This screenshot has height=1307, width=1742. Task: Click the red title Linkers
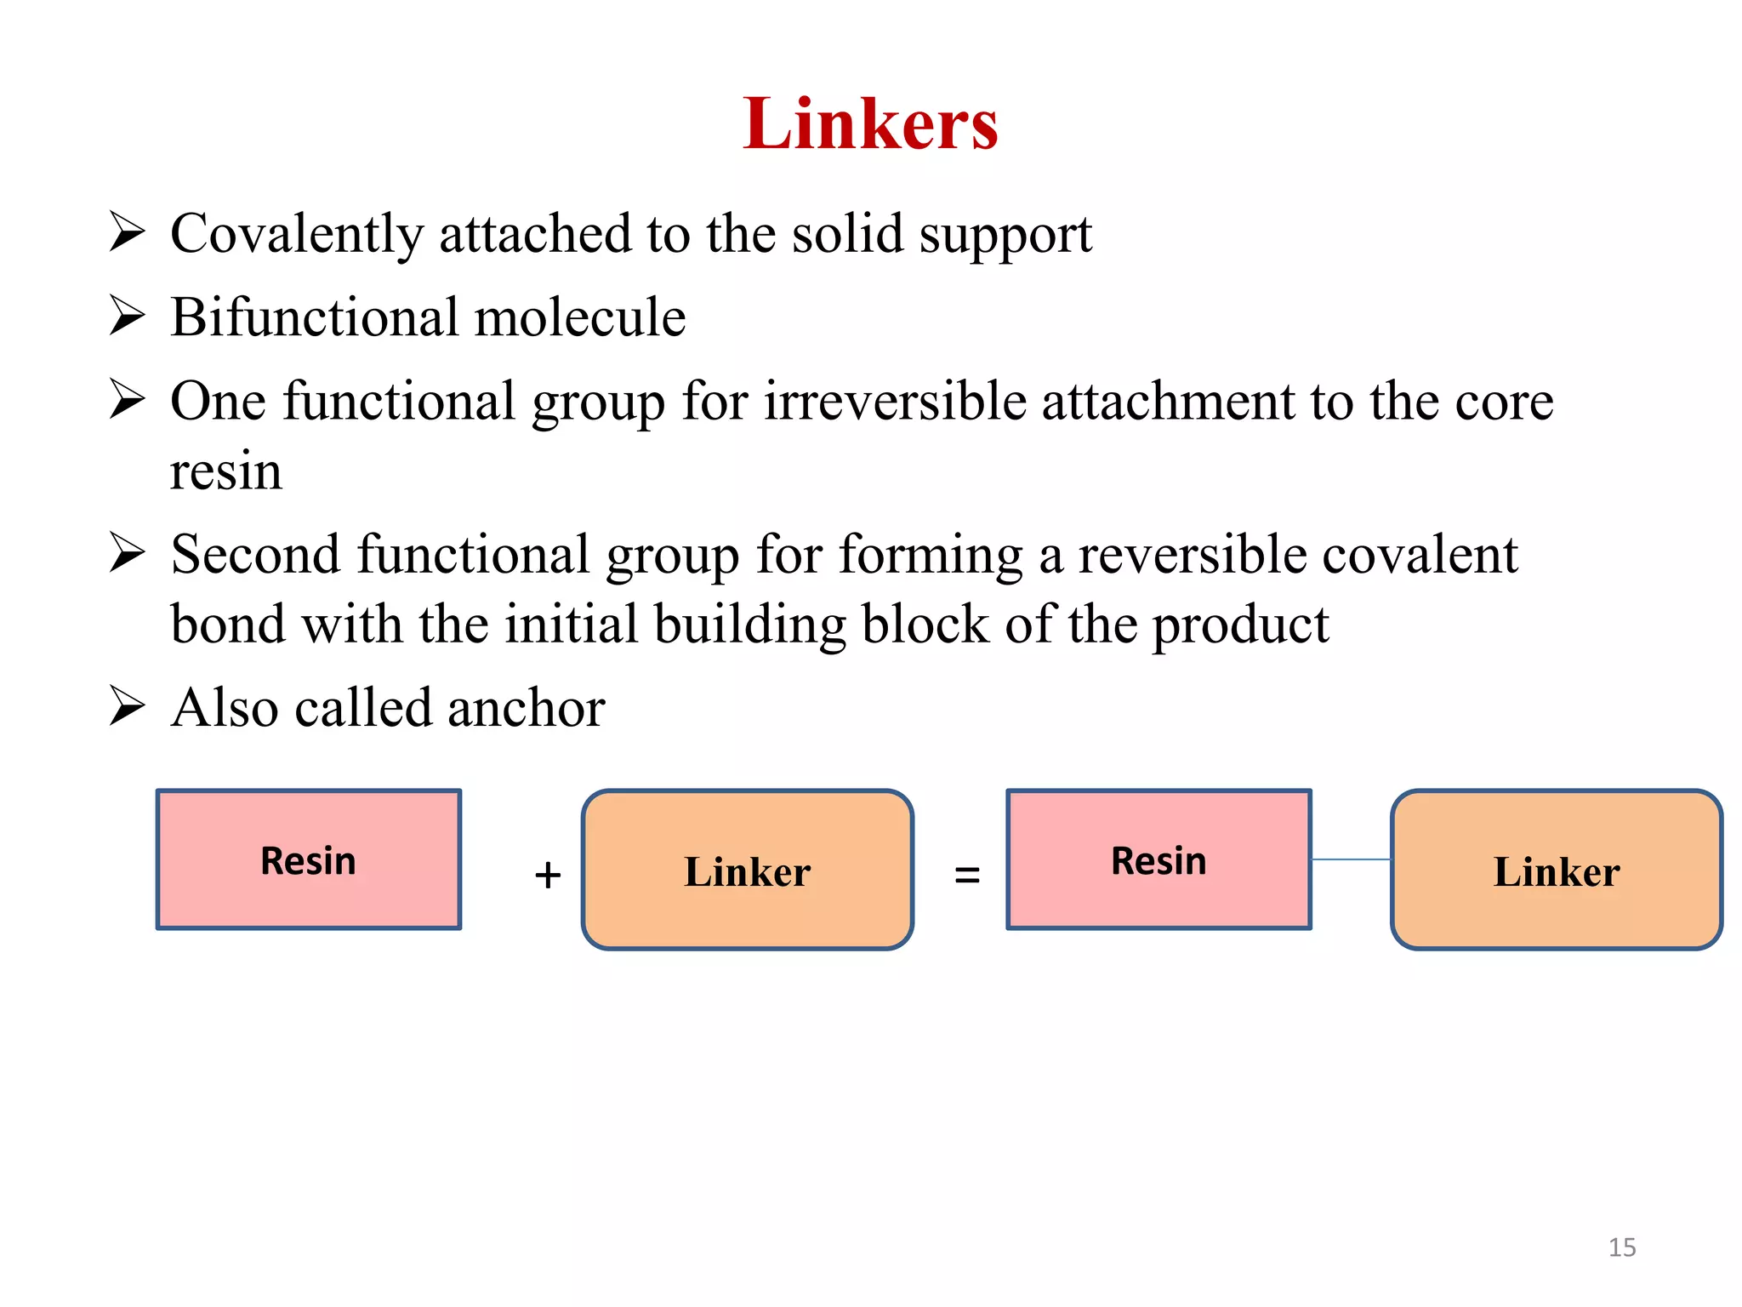click(870, 124)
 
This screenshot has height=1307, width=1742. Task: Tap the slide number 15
click(1621, 1247)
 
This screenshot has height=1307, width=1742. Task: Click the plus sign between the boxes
click(548, 876)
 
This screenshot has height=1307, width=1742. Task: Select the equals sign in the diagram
click(967, 875)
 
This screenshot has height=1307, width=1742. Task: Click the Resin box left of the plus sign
click(309, 859)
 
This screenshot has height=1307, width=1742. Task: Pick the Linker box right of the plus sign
click(747, 870)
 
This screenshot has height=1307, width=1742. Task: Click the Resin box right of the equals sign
click(1158, 859)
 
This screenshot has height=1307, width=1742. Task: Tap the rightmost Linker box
click(1556, 870)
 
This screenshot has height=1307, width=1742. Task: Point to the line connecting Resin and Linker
click(1351, 859)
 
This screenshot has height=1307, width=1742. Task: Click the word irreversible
click(895, 402)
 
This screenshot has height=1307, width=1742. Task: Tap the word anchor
click(526, 708)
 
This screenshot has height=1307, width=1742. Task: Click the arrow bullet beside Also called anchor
click(128, 706)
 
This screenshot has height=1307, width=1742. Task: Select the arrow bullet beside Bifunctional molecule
click(128, 316)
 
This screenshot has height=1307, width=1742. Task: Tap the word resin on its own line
click(225, 471)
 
